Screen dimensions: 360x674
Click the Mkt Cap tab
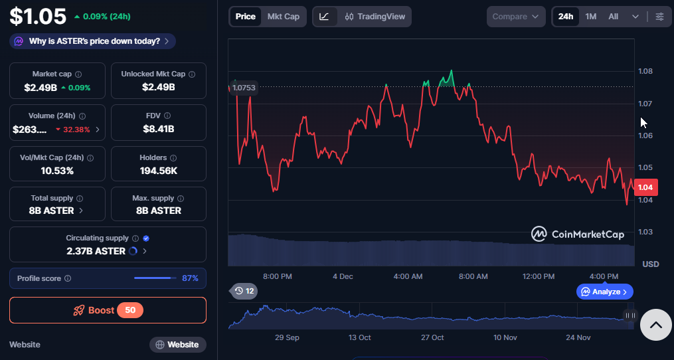click(283, 17)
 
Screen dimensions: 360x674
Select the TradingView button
click(375, 17)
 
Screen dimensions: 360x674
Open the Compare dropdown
click(516, 17)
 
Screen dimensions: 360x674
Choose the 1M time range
click(590, 17)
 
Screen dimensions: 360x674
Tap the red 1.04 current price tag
click(645, 187)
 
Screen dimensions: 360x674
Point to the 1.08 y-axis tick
click(645, 71)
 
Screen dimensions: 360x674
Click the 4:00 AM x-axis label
click(408, 276)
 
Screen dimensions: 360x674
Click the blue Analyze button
click(604, 292)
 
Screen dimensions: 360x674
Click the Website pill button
click(177, 345)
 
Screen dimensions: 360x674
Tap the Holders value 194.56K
click(158, 171)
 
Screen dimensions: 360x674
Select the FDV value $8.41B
click(158, 129)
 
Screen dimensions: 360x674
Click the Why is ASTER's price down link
click(94, 41)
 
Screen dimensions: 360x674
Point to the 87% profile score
click(190, 278)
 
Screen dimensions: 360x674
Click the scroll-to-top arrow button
click(655, 325)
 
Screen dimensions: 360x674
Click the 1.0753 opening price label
click(244, 87)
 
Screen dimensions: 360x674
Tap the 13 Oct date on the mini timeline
click(359, 337)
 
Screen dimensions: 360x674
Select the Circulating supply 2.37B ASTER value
click(96, 251)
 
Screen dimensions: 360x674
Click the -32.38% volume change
click(76, 130)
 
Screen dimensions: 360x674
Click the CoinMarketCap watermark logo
click(577, 234)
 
